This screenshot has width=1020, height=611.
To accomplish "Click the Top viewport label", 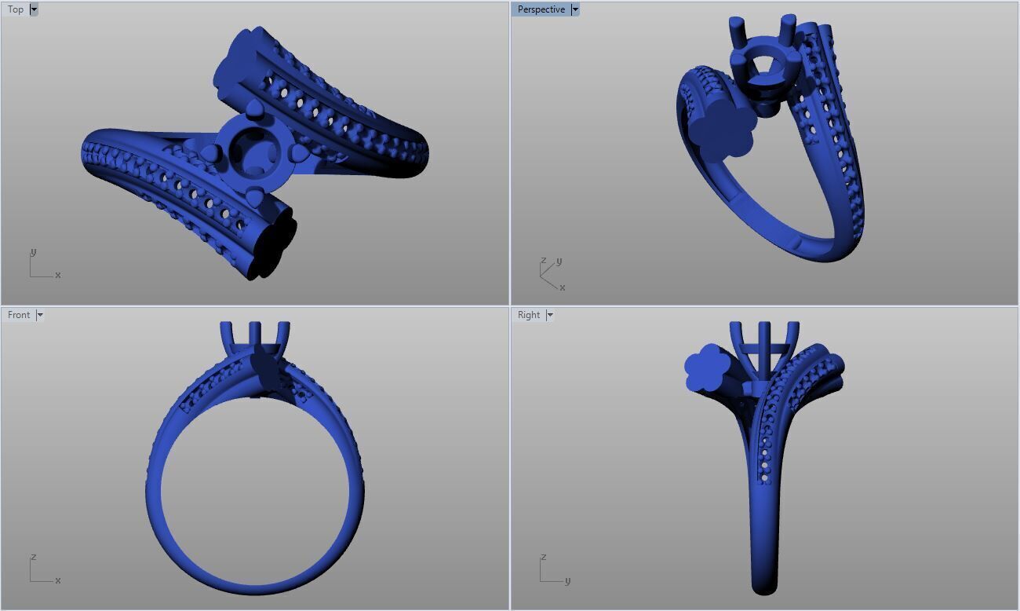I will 16,9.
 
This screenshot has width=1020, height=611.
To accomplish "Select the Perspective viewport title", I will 541,9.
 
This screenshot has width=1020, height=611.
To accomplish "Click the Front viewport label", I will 19,315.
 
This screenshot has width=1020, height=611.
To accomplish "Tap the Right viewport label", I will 528,315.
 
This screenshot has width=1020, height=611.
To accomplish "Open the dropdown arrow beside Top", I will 34,9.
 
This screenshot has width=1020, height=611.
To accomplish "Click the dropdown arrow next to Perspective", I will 575,9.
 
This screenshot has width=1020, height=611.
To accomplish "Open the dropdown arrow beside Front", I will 40,315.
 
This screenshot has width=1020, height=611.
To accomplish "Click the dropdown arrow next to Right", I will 550,315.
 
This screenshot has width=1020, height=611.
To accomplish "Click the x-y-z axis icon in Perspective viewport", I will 551,273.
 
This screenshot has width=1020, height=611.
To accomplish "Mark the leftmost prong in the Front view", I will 227,335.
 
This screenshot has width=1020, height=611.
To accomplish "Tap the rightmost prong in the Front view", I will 283,335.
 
